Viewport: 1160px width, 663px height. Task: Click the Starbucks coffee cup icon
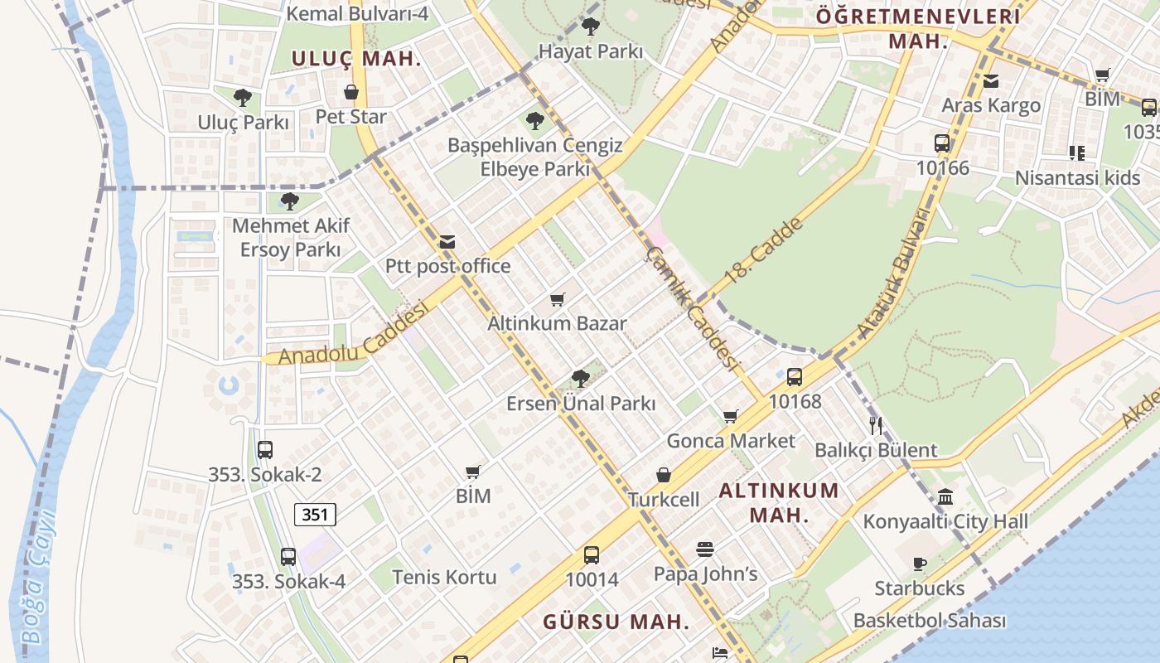coord(919,564)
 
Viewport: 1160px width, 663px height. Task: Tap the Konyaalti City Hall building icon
coord(945,497)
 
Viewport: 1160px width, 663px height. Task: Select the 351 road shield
coord(315,515)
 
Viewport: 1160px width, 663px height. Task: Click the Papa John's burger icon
coord(705,549)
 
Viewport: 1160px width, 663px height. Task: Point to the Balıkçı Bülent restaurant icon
coord(876,426)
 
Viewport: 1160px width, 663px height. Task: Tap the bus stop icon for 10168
coord(794,377)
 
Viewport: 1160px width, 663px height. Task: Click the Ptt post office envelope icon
coord(447,242)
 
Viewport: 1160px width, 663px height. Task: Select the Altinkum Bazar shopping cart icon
coord(557,299)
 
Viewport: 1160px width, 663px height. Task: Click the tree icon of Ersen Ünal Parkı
coord(581,379)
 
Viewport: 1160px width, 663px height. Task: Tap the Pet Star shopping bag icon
coord(351,92)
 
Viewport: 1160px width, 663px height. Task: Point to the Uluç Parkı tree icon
coord(243,98)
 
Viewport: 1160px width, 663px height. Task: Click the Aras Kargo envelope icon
coord(990,81)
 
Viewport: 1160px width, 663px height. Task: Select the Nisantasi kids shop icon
coord(1076,152)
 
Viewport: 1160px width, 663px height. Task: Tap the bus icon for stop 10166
coord(942,143)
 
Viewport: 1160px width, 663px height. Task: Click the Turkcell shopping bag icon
coord(664,475)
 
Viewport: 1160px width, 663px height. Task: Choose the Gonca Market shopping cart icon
coord(730,416)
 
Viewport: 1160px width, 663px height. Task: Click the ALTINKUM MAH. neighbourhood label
coord(779,501)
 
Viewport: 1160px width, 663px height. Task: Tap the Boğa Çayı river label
coord(37,576)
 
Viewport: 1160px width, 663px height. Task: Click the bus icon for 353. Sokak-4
coord(288,557)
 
